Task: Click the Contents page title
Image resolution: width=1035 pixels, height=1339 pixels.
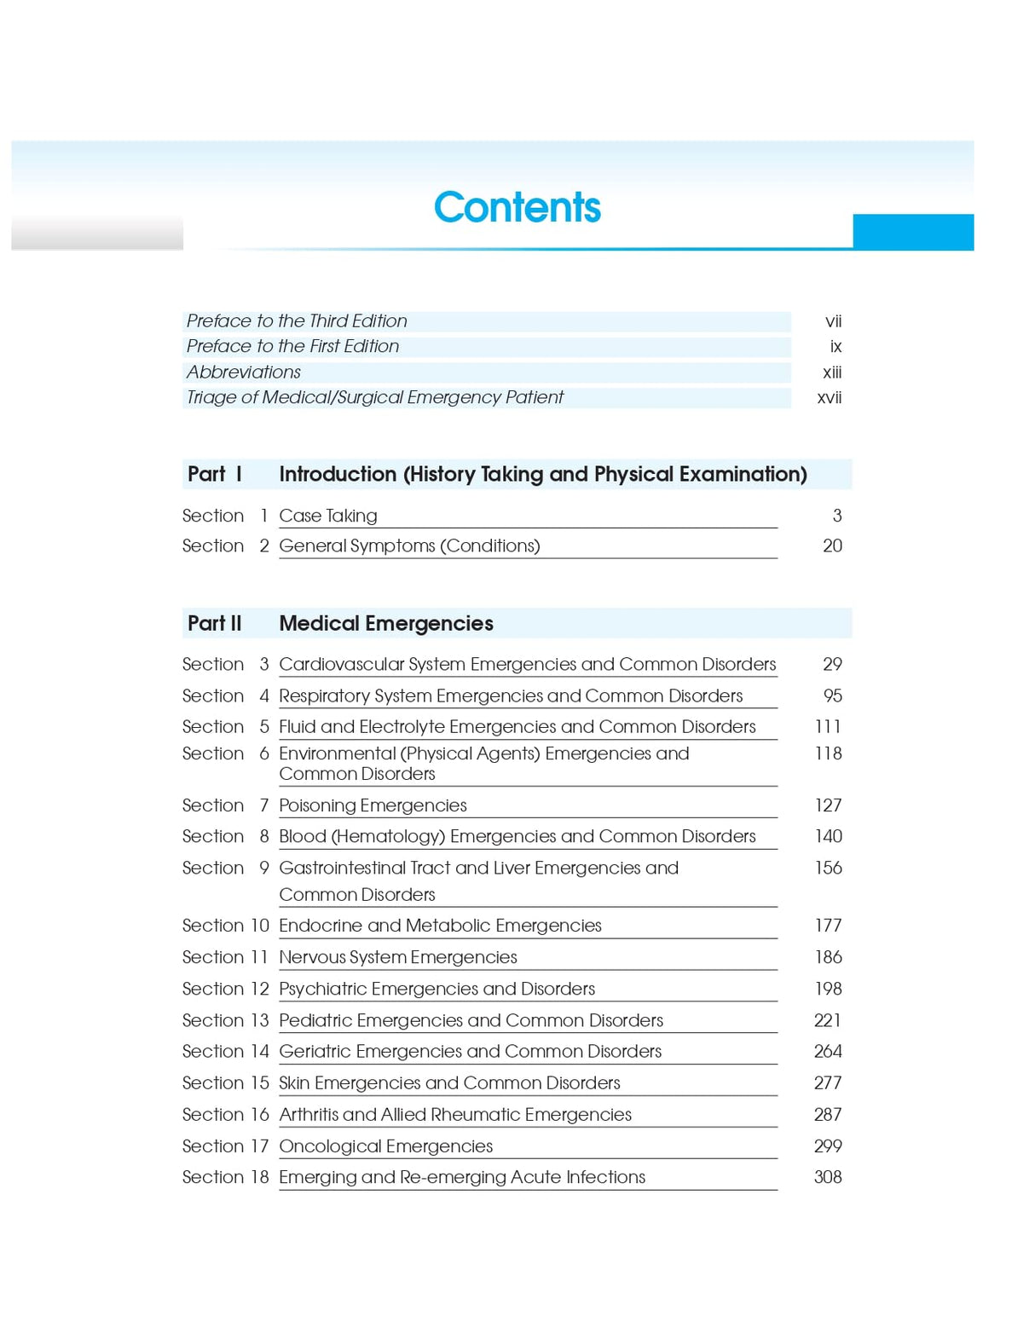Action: (x=517, y=207)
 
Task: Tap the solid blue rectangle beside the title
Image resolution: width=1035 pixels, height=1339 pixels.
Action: (x=912, y=232)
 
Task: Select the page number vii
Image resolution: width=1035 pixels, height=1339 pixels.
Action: (x=833, y=321)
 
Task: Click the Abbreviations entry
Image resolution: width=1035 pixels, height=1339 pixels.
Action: (x=244, y=372)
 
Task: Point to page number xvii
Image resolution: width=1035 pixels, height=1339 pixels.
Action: (x=829, y=397)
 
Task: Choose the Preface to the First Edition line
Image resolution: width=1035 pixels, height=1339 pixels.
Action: (x=292, y=346)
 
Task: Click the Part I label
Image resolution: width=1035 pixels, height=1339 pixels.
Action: (x=215, y=474)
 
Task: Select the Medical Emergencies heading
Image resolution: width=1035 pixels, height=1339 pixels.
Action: (x=386, y=623)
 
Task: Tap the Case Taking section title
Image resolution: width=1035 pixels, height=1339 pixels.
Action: (x=328, y=516)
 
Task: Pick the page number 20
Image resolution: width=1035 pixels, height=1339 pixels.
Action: (x=832, y=545)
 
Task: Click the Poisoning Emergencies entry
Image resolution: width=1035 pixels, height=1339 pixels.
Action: (x=373, y=805)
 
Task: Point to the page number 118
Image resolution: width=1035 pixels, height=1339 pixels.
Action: (x=828, y=753)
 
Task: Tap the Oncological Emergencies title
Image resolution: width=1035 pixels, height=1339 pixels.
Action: (x=386, y=1146)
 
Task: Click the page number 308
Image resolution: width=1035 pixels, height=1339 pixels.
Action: (x=827, y=1177)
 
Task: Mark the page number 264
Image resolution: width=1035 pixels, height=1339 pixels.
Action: (x=827, y=1052)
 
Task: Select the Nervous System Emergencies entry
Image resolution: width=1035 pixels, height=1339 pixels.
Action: (x=398, y=957)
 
